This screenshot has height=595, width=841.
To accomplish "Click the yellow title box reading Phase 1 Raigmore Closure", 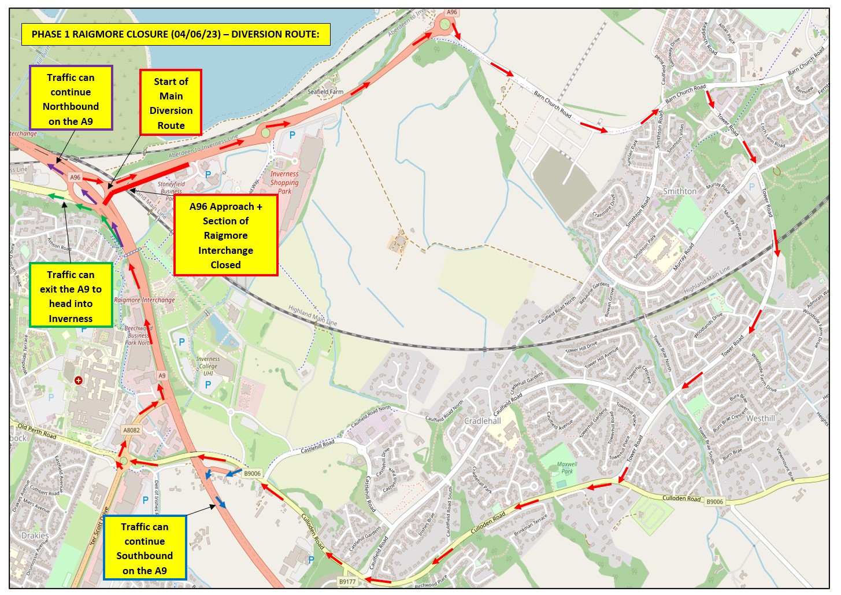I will pyautogui.click(x=175, y=34).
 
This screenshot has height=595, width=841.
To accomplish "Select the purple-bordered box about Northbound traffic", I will pyautogui.click(x=71, y=98).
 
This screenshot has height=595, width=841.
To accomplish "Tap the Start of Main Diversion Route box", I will pyautogui.click(x=171, y=103).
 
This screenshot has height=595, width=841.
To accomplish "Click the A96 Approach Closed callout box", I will pyautogui.click(x=225, y=235).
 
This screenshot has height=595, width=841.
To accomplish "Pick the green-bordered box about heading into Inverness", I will pyautogui.click(x=71, y=296).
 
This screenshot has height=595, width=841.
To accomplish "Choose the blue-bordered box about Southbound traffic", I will pyautogui.click(x=145, y=548).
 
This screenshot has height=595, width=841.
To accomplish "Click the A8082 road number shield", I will pyautogui.click(x=131, y=430).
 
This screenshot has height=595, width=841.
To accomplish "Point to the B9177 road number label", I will pyautogui.click(x=347, y=582).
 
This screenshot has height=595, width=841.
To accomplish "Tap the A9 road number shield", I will pyautogui.click(x=162, y=376).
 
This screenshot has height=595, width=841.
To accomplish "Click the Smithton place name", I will pyautogui.click(x=679, y=191).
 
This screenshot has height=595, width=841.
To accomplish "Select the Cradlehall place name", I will pyautogui.click(x=483, y=421).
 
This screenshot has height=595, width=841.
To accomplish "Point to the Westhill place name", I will pyautogui.click(x=760, y=418).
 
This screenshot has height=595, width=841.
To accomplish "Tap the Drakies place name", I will pyautogui.click(x=35, y=535).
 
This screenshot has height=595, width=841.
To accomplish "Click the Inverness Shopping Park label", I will pyautogui.click(x=284, y=182).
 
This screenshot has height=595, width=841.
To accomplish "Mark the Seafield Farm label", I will pyautogui.click(x=325, y=91).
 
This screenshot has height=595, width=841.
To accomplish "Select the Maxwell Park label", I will pyautogui.click(x=567, y=467).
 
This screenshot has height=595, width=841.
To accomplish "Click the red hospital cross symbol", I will pyautogui.click(x=79, y=380).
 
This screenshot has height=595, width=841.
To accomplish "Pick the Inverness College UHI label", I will pyautogui.click(x=208, y=365).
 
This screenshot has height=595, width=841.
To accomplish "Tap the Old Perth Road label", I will pyautogui.click(x=37, y=430).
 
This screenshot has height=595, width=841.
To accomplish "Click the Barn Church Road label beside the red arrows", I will pyautogui.click(x=552, y=105).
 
